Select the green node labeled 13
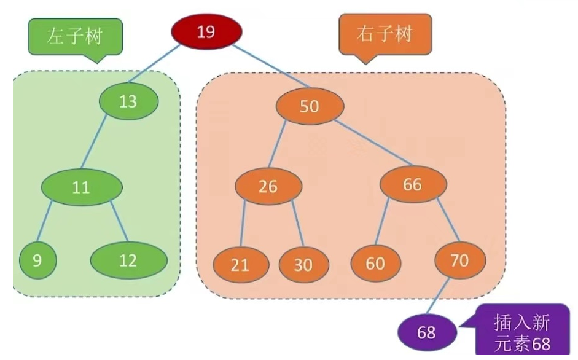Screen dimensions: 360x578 128,100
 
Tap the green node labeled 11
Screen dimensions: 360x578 81,187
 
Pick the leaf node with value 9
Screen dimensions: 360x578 37,260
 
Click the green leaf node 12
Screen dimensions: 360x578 128,260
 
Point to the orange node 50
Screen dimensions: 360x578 310,106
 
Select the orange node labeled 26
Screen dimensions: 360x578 268,186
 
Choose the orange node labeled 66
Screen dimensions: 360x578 412,184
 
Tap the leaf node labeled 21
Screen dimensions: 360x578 241,265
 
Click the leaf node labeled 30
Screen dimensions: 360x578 303,265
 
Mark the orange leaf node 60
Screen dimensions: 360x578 375,263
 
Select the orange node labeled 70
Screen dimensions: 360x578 460,260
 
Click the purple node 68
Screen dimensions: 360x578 426,332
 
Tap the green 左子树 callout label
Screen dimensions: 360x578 74,36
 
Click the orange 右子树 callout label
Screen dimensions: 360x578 386,33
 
